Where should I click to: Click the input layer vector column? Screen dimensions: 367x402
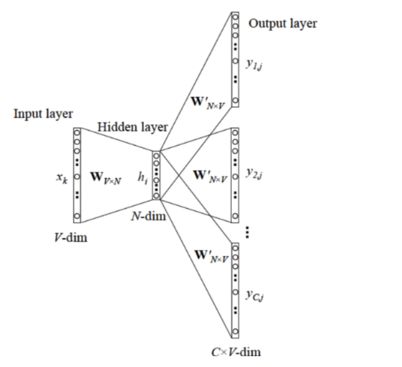pyautogui.click(x=77, y=173)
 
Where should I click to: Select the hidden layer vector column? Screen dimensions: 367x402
pyautogui.click(x=156, y=174)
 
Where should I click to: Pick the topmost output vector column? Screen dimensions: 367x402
pyautogui.click(x=235, y=58)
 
